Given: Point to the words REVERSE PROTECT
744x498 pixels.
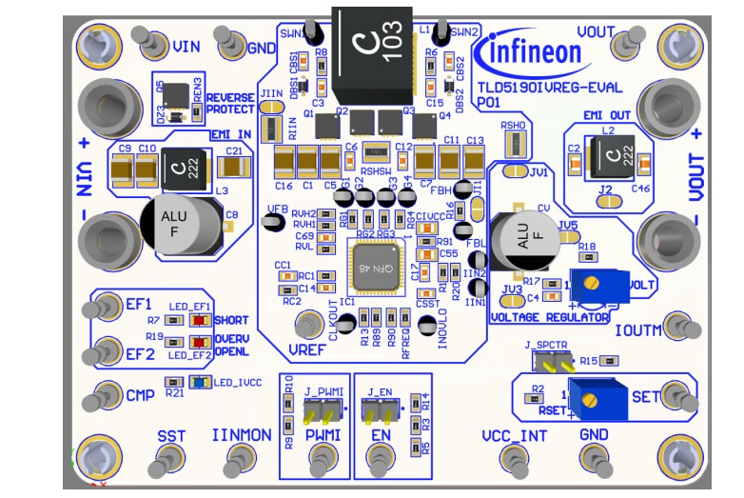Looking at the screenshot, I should tap(229, 104).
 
